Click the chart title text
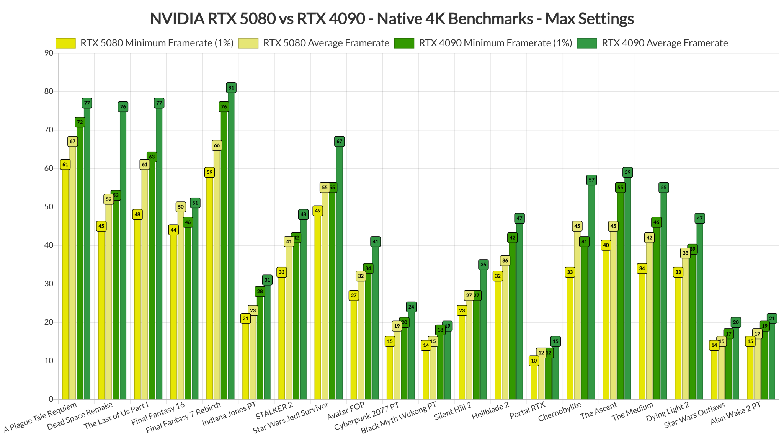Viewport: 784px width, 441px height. (x=392, y=18)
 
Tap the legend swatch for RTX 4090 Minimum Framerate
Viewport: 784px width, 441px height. (x=404, y=43)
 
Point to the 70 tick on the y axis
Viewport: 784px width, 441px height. (x=48, y=130)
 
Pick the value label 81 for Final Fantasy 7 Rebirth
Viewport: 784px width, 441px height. (x=231, y=88)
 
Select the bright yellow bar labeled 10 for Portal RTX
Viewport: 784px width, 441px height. (x=534, y=381)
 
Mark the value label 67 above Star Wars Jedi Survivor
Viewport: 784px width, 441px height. (x=339, y=141)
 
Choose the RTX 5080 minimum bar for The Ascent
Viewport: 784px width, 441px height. (x=606, y=325)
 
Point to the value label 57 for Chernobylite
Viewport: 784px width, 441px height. (x=591, y=180)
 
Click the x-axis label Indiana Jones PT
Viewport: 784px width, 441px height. (x=229, y=413)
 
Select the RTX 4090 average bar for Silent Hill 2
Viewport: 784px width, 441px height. (x=483, y=333)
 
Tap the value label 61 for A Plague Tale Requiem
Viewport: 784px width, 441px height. (x=65, y=165)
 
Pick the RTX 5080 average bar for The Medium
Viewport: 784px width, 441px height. (x=649, y=322)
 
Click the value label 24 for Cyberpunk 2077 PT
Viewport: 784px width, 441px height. (x=411, y=307)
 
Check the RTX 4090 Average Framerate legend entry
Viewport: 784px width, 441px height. (x=664, y=43)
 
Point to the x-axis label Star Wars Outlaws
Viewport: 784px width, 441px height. (x=694, y=416)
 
